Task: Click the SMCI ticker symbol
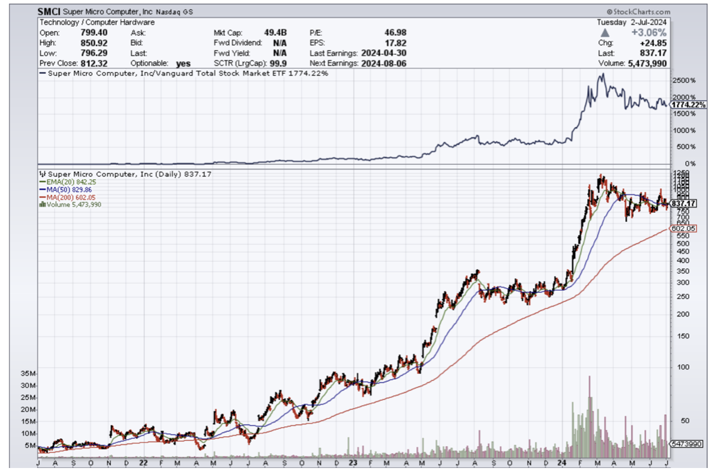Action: pyautogui.click(x=49, y=11)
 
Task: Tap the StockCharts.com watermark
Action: pyautogui.click(x=638, y=11)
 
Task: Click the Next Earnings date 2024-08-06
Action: pyautogui.click(x=384, y=63)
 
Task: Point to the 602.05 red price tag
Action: pyautogui.click(x=684, y=228)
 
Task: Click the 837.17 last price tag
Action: pyautogui.click(x=684, y=204)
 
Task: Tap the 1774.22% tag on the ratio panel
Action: pyautogui.click(x=687, y=105)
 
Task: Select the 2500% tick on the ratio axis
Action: pyautogui.click(x=683, y=80)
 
